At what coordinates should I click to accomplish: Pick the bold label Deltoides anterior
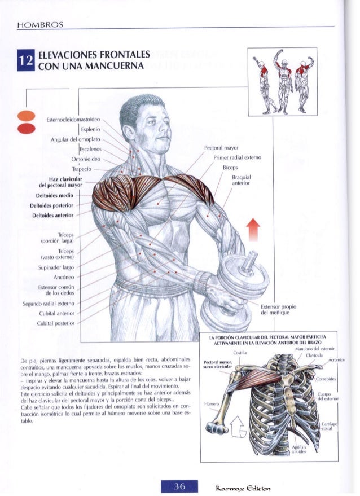coord(59,215)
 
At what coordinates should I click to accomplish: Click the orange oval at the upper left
coord(26,116)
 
